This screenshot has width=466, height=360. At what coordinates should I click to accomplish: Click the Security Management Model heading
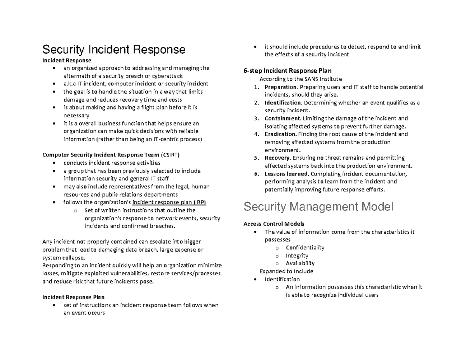[318, 207]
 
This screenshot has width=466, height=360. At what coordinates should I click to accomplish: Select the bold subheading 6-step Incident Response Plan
[287, 71]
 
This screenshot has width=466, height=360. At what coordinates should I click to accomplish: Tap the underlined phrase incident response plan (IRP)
[169, 202]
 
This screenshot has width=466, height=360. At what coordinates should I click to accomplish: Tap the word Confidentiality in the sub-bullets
[305, 247]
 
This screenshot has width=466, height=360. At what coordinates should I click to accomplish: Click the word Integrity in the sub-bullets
[297, 256]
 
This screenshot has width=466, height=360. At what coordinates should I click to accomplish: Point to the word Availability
[300, 263]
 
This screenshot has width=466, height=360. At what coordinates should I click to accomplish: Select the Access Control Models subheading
[274, 224]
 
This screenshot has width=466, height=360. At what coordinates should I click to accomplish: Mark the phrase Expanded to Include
[286, 271]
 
